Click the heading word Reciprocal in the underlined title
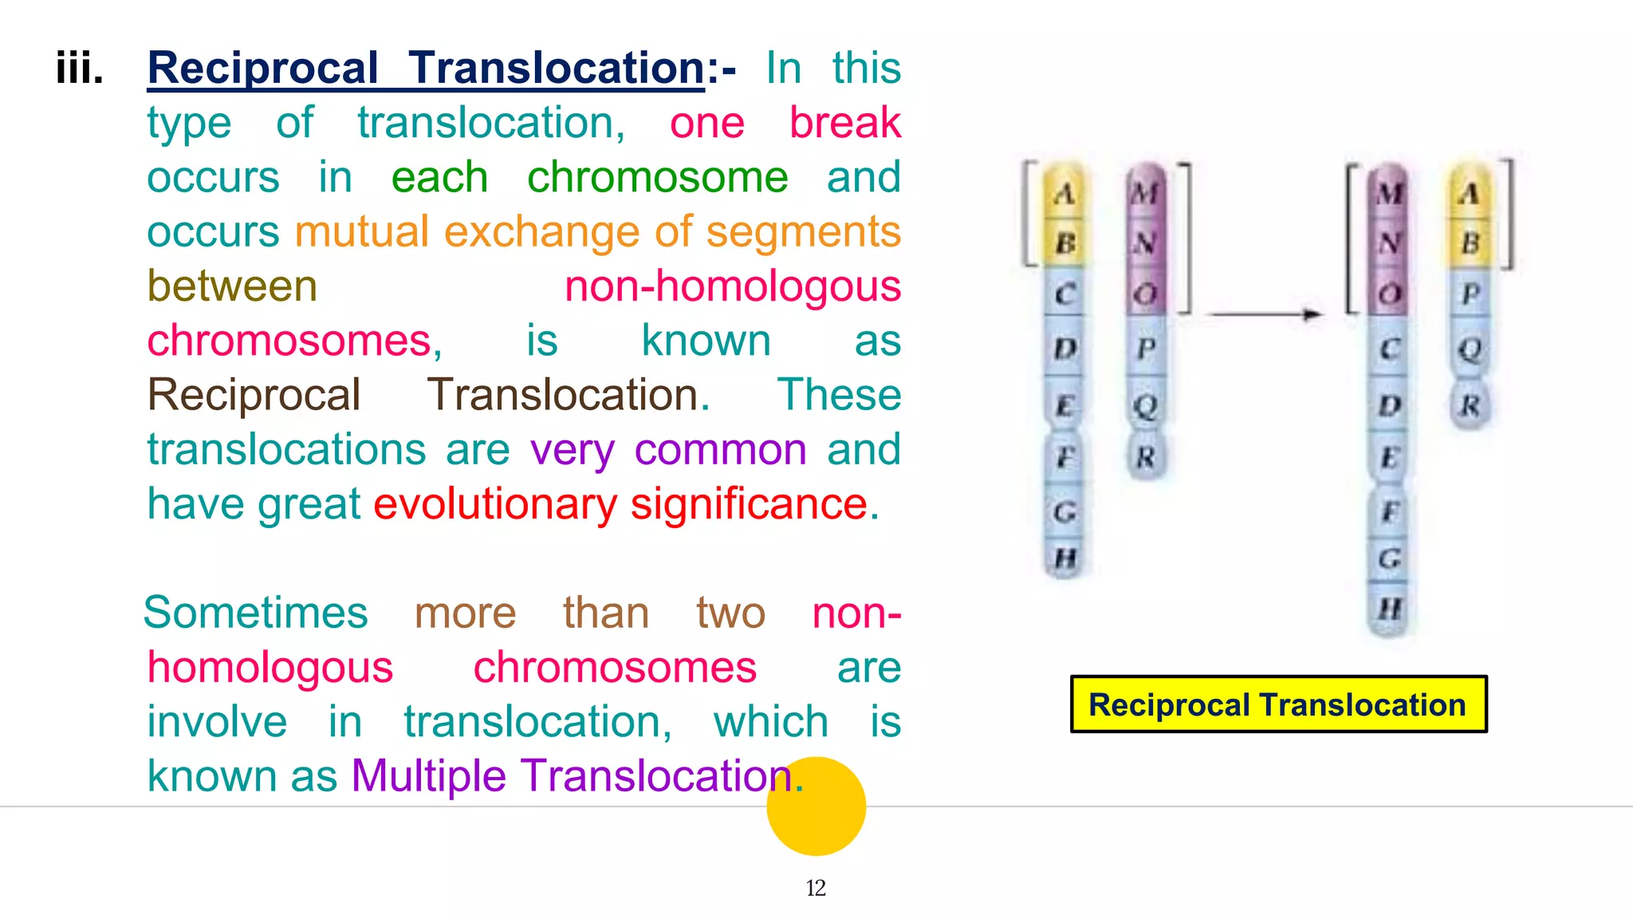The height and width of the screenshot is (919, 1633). tap(263, 69)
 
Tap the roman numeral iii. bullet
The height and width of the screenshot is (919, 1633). tap(80, 69)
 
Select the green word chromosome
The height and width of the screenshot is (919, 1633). tap(657, 177)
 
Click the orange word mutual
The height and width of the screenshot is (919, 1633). tap(362, 232)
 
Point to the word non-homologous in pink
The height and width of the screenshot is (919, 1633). tap(732, 286)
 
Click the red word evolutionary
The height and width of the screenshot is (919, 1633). tap(494, 504)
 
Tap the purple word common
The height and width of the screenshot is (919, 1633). tap(720, 450)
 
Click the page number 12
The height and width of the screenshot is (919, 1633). tap(816, 888)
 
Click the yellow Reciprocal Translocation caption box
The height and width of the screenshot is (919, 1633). tap(1278, 704)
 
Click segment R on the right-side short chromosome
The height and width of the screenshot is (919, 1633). tap(1470, 406)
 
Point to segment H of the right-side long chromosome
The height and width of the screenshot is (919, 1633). tap(1390, 609)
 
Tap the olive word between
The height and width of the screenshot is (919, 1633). tap(232, 286)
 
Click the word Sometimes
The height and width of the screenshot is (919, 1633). tap(256, 613)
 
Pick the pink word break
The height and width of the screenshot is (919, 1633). tap(844, 123)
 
